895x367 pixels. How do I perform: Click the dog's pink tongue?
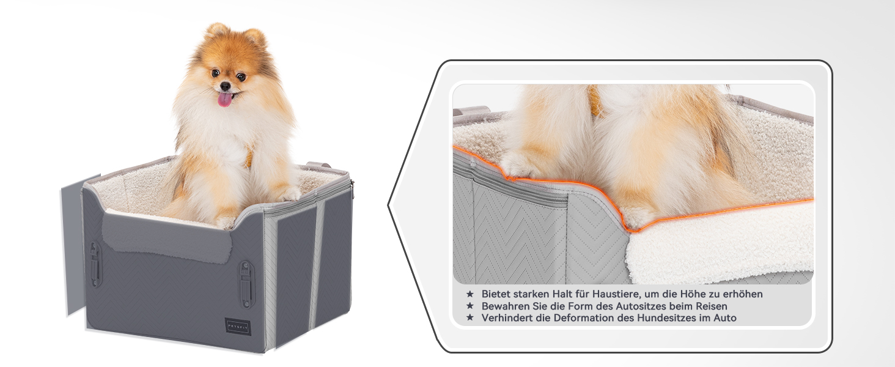226,99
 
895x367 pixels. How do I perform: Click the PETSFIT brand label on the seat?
237,322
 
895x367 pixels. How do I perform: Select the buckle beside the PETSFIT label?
246,284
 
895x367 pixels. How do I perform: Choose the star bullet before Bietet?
470,294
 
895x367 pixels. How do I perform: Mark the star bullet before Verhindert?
470,318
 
